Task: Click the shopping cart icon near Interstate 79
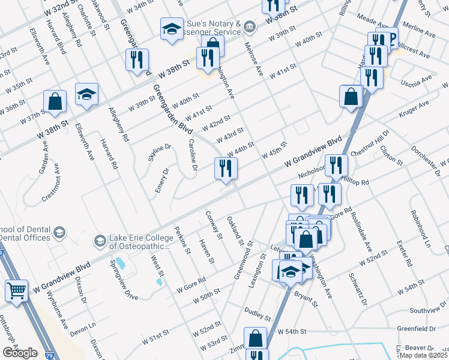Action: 16,291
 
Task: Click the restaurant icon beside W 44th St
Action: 226,167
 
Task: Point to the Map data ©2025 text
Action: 424,355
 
